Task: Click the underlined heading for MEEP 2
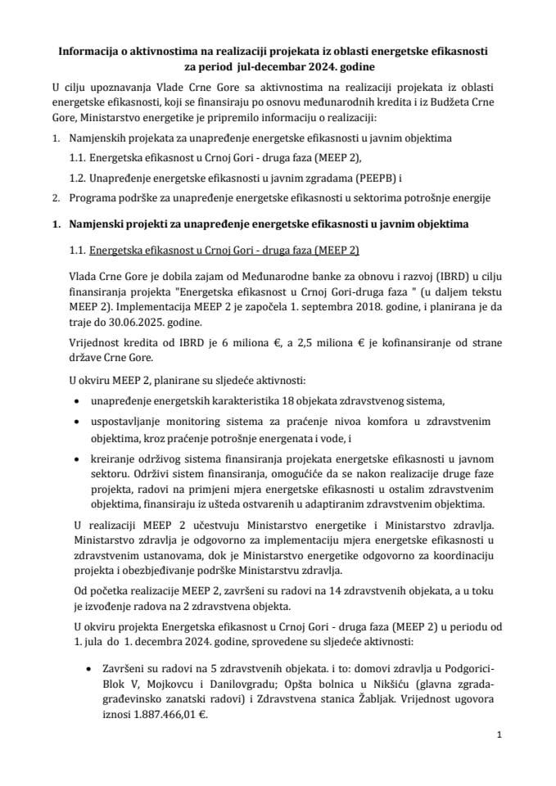pos(224,249)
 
